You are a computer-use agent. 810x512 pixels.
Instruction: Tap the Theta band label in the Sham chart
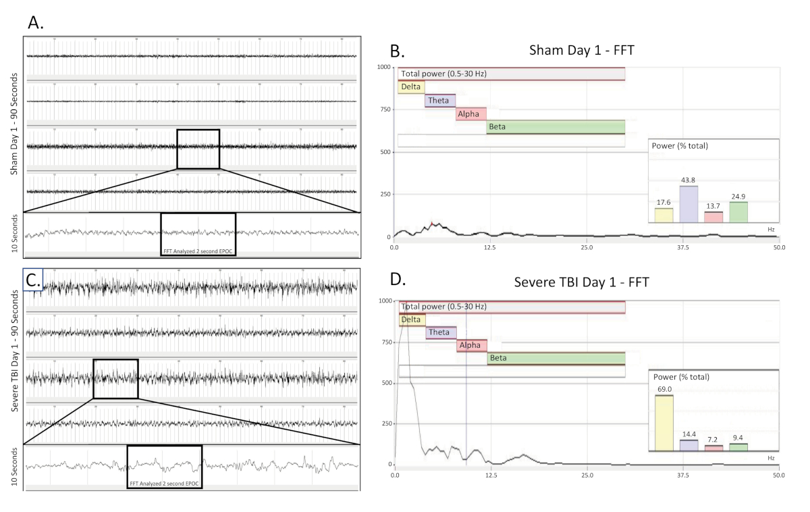tap(439, 101)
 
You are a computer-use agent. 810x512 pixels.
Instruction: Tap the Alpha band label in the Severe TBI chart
tap(470, 345)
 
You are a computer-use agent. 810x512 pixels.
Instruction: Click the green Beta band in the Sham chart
tap(556, 127)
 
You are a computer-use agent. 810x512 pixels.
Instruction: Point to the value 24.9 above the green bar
tap(738, 197)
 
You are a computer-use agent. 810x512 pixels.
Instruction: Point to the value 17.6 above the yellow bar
tap(664, 203)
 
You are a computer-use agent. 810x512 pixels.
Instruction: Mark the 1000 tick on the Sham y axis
tap(383, 67)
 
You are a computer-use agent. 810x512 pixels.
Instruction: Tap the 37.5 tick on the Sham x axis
tap(682, 249)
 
